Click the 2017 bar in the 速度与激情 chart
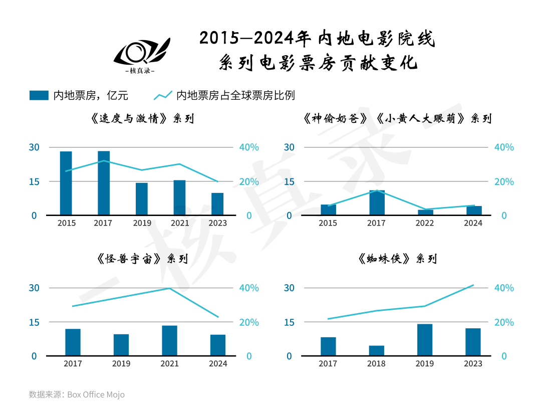tap(104, 183)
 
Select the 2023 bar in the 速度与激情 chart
tap(217, 204)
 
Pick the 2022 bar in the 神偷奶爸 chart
tap(425, 213)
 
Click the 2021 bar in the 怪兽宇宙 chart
tap(169, 341)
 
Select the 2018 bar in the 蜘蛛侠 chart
tap(377, 351)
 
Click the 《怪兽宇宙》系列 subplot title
tap(142, 259)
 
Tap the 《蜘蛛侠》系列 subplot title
tap(397, 259)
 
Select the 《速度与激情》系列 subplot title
tap(142, 119)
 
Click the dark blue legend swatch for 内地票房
tap(39, 95)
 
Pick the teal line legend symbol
tap(163, 95)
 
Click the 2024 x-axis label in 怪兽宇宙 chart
tap(217, 363)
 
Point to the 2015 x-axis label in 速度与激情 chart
tap(66, 223)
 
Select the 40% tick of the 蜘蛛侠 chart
tap(504, 288)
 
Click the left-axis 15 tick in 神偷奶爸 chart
tap(289, 181)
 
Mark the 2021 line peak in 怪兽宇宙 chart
tap(169, 288)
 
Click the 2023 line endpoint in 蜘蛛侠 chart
tap(473, 285)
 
